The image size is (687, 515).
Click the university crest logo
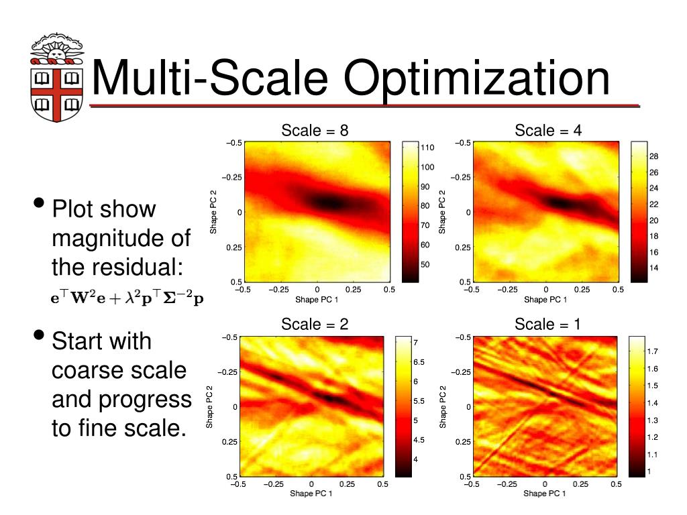pos(56,76)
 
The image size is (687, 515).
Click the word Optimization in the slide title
pos(477,78)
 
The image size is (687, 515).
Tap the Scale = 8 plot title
pos(315,130)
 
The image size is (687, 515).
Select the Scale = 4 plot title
pos(548,130)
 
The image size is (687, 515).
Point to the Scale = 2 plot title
pos(315,325)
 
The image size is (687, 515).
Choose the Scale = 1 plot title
pos(547,325)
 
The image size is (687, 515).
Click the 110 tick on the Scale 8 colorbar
pos(427,148)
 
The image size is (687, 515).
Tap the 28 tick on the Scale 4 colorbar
pos(654,156)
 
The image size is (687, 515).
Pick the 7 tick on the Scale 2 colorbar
pos(416,343)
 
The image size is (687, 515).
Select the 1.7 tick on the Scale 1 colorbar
pos(652,351)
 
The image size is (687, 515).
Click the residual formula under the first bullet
pos(127,298)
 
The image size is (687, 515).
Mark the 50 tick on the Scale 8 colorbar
pos(425,264)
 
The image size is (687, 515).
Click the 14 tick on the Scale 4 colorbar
pos(654,268)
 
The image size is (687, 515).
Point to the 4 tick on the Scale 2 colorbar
pos(416,459)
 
